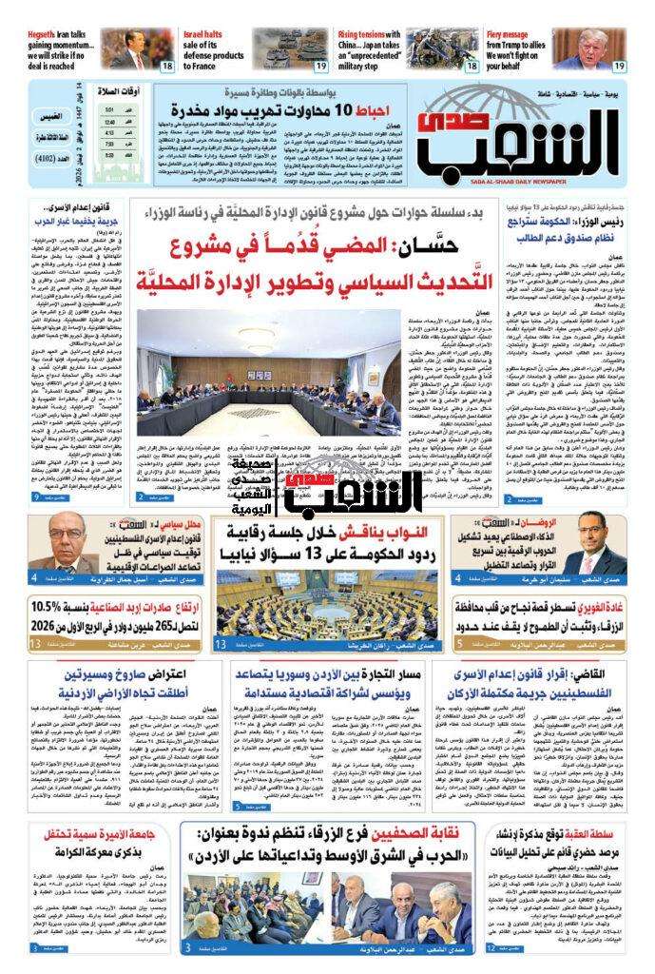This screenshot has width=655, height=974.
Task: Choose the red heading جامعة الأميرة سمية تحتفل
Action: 89,833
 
